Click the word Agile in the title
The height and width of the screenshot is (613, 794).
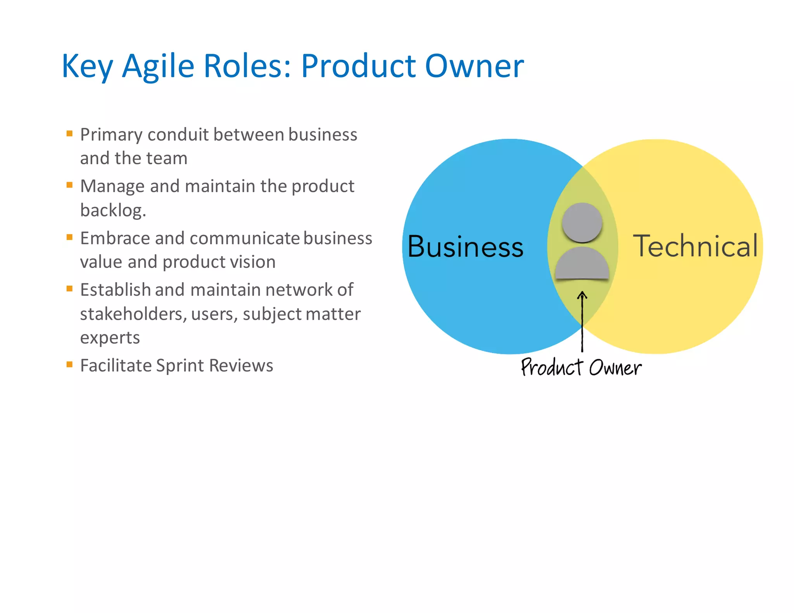(x=158, y=67)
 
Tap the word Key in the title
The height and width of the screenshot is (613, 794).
(x=87, y=67)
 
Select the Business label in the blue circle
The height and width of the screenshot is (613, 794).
(x=465, y=247)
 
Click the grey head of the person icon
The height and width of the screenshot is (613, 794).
(x=582, y=223)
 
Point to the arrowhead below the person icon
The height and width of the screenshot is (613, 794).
(x=582, y=295)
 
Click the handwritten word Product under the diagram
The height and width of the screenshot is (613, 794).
(x=552, y=367)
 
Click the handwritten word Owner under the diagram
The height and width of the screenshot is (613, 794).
(x=615, y=367)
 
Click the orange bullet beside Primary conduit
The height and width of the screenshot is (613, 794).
(x=70, y=134)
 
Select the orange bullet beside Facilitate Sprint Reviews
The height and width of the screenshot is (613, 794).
(x=70, y=364)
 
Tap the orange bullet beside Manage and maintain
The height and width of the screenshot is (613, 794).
(x=70, y=185)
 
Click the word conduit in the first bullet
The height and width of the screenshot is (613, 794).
(x=178, y=135)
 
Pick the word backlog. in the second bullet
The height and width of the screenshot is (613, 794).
(x=113, y=210)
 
